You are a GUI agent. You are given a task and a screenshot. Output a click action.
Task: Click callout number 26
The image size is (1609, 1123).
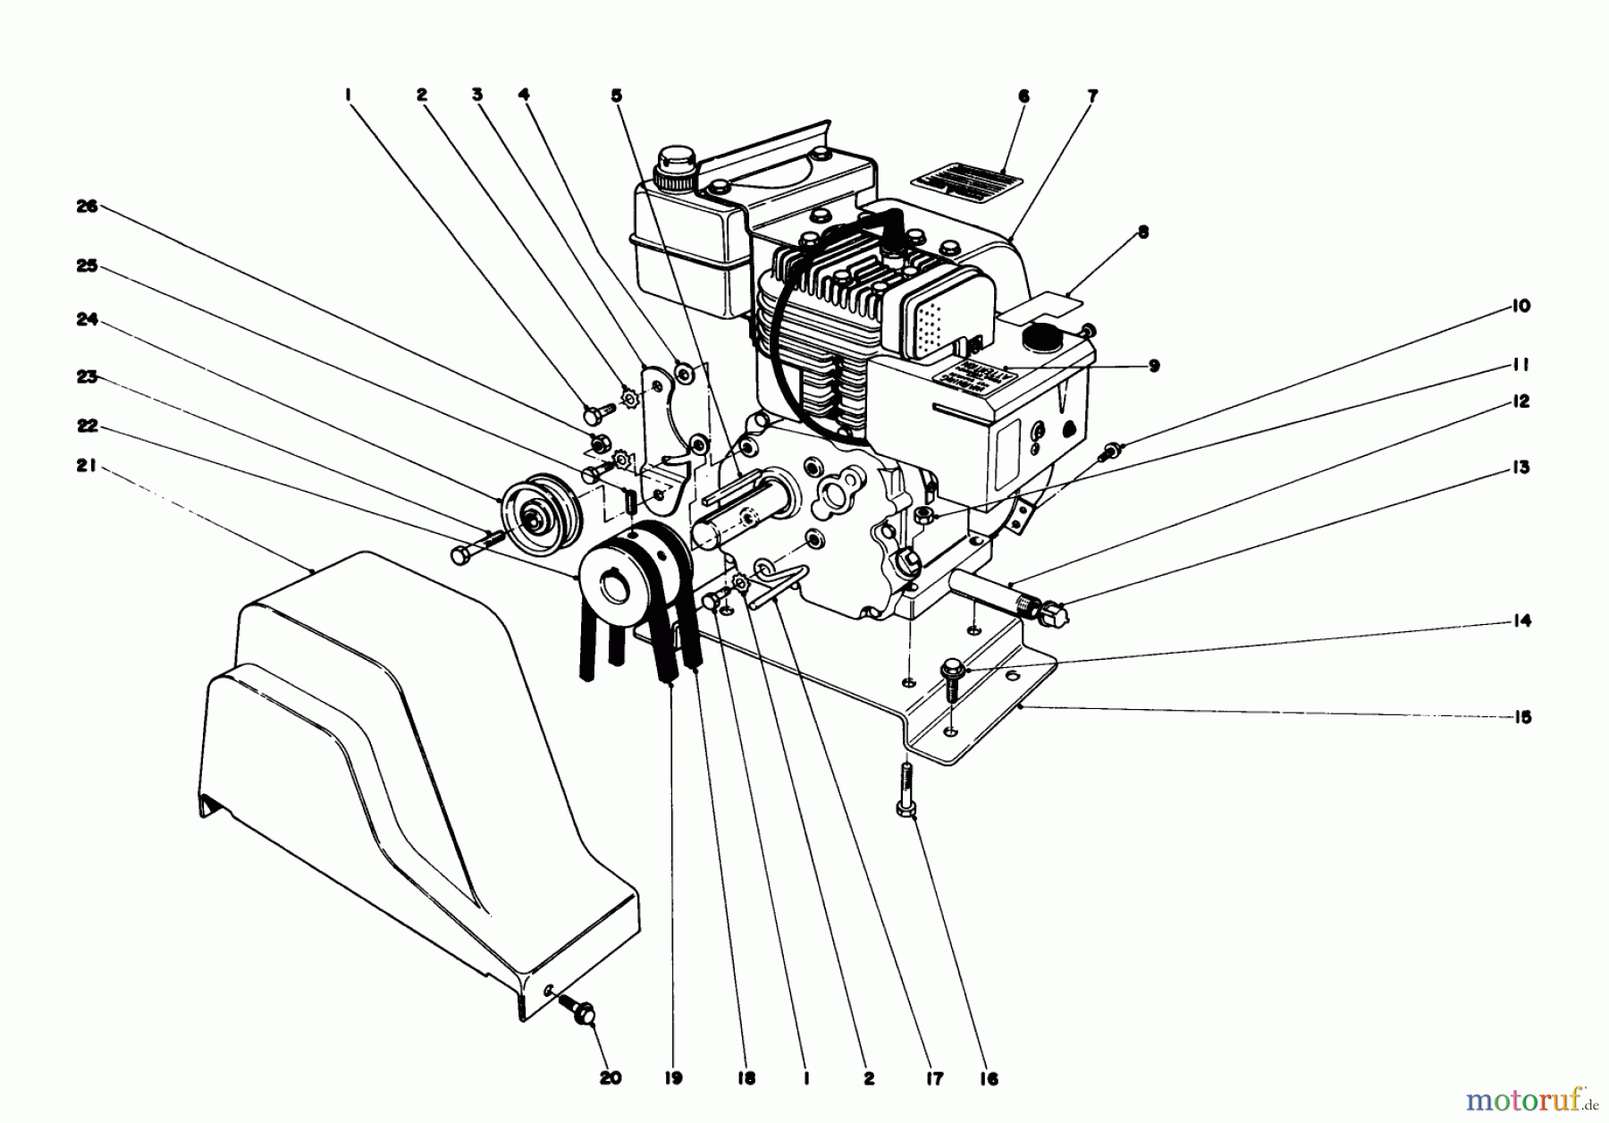click(x=86, y=207)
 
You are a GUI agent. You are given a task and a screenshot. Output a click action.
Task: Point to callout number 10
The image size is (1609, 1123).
click(x=1521, y=306)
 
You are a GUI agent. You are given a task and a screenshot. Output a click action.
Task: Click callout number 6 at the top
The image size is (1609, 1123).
click(x=1024, y=95)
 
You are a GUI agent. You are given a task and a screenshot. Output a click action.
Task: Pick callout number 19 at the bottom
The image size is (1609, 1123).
click(x=672, y=1078)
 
